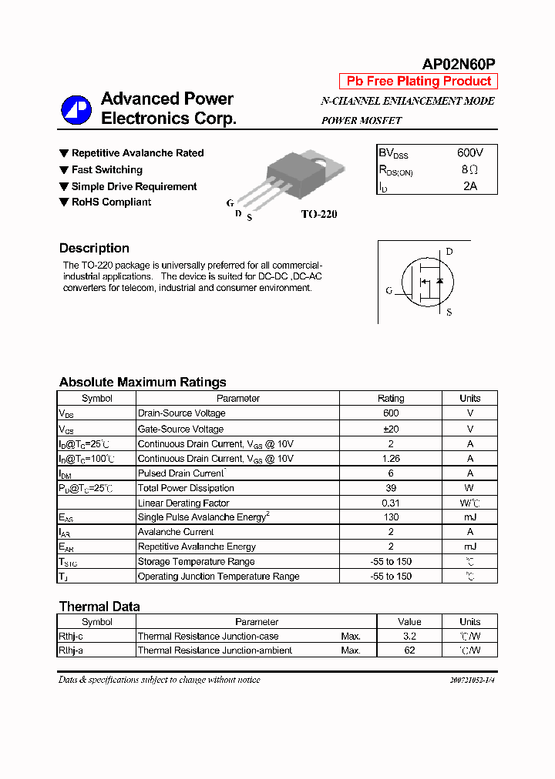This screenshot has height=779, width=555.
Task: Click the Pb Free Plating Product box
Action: (x=419, y=82)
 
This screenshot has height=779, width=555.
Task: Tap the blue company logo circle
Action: (x=76, y=109)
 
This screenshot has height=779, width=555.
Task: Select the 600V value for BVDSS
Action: (x=470, y=153)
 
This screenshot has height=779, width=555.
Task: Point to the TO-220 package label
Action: (x=318, y=215)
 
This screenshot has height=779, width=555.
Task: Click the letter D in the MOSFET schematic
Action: (x=449, y=252)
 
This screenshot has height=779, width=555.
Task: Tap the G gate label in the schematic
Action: (x=389, y=291)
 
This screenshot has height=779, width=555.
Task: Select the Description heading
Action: (x=94, y=248)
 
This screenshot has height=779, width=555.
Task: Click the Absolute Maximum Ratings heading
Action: (x=143, y=382)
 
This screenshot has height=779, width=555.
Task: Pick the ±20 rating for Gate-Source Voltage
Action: (x=390, y=429)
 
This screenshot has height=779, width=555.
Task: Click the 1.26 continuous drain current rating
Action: (x=390, y=458)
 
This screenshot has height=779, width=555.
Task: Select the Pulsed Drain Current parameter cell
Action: (x=182, y=473)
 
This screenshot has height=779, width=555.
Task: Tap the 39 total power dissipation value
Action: (x=390, y=488)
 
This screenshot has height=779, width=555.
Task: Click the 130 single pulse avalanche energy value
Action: (x=390, y=517)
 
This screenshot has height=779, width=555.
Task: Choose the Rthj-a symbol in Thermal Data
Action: (x=71, y=650)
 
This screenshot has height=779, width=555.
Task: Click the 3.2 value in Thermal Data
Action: (x=409, y=636)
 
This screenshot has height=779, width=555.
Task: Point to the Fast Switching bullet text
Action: (x=107, y=169)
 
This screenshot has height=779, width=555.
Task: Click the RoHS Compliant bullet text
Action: (x=111, y=202)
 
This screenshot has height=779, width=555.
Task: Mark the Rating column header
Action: (x=390, y=398)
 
